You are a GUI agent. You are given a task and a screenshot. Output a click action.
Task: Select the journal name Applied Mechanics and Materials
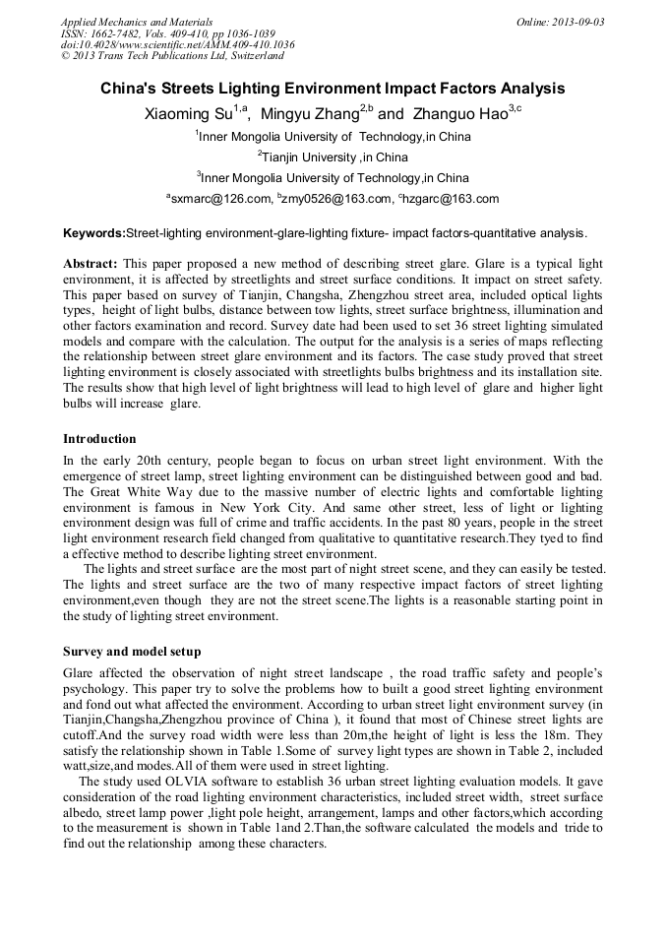(136, 21)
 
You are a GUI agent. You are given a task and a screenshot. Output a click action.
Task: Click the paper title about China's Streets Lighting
(333, 89)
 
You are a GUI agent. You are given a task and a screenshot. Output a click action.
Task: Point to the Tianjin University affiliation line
(333, 157)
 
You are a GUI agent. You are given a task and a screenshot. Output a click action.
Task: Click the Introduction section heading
(99, 438)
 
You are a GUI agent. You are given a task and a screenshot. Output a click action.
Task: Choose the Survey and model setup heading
(132, 652)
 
